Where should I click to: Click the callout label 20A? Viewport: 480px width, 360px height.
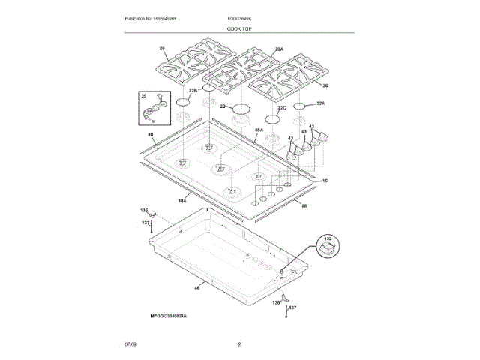(279, 49)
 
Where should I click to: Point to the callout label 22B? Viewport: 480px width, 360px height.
(193, 90)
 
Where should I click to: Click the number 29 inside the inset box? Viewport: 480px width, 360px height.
(143, 96)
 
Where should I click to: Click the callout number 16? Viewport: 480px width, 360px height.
(325, 181)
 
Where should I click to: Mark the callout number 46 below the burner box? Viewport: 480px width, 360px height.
(197, 286)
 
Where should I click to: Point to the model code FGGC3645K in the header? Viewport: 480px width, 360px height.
(240, 17)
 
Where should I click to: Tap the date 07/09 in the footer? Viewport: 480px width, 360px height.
(131, 343)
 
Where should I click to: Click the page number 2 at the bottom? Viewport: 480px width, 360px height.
(239, 343)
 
